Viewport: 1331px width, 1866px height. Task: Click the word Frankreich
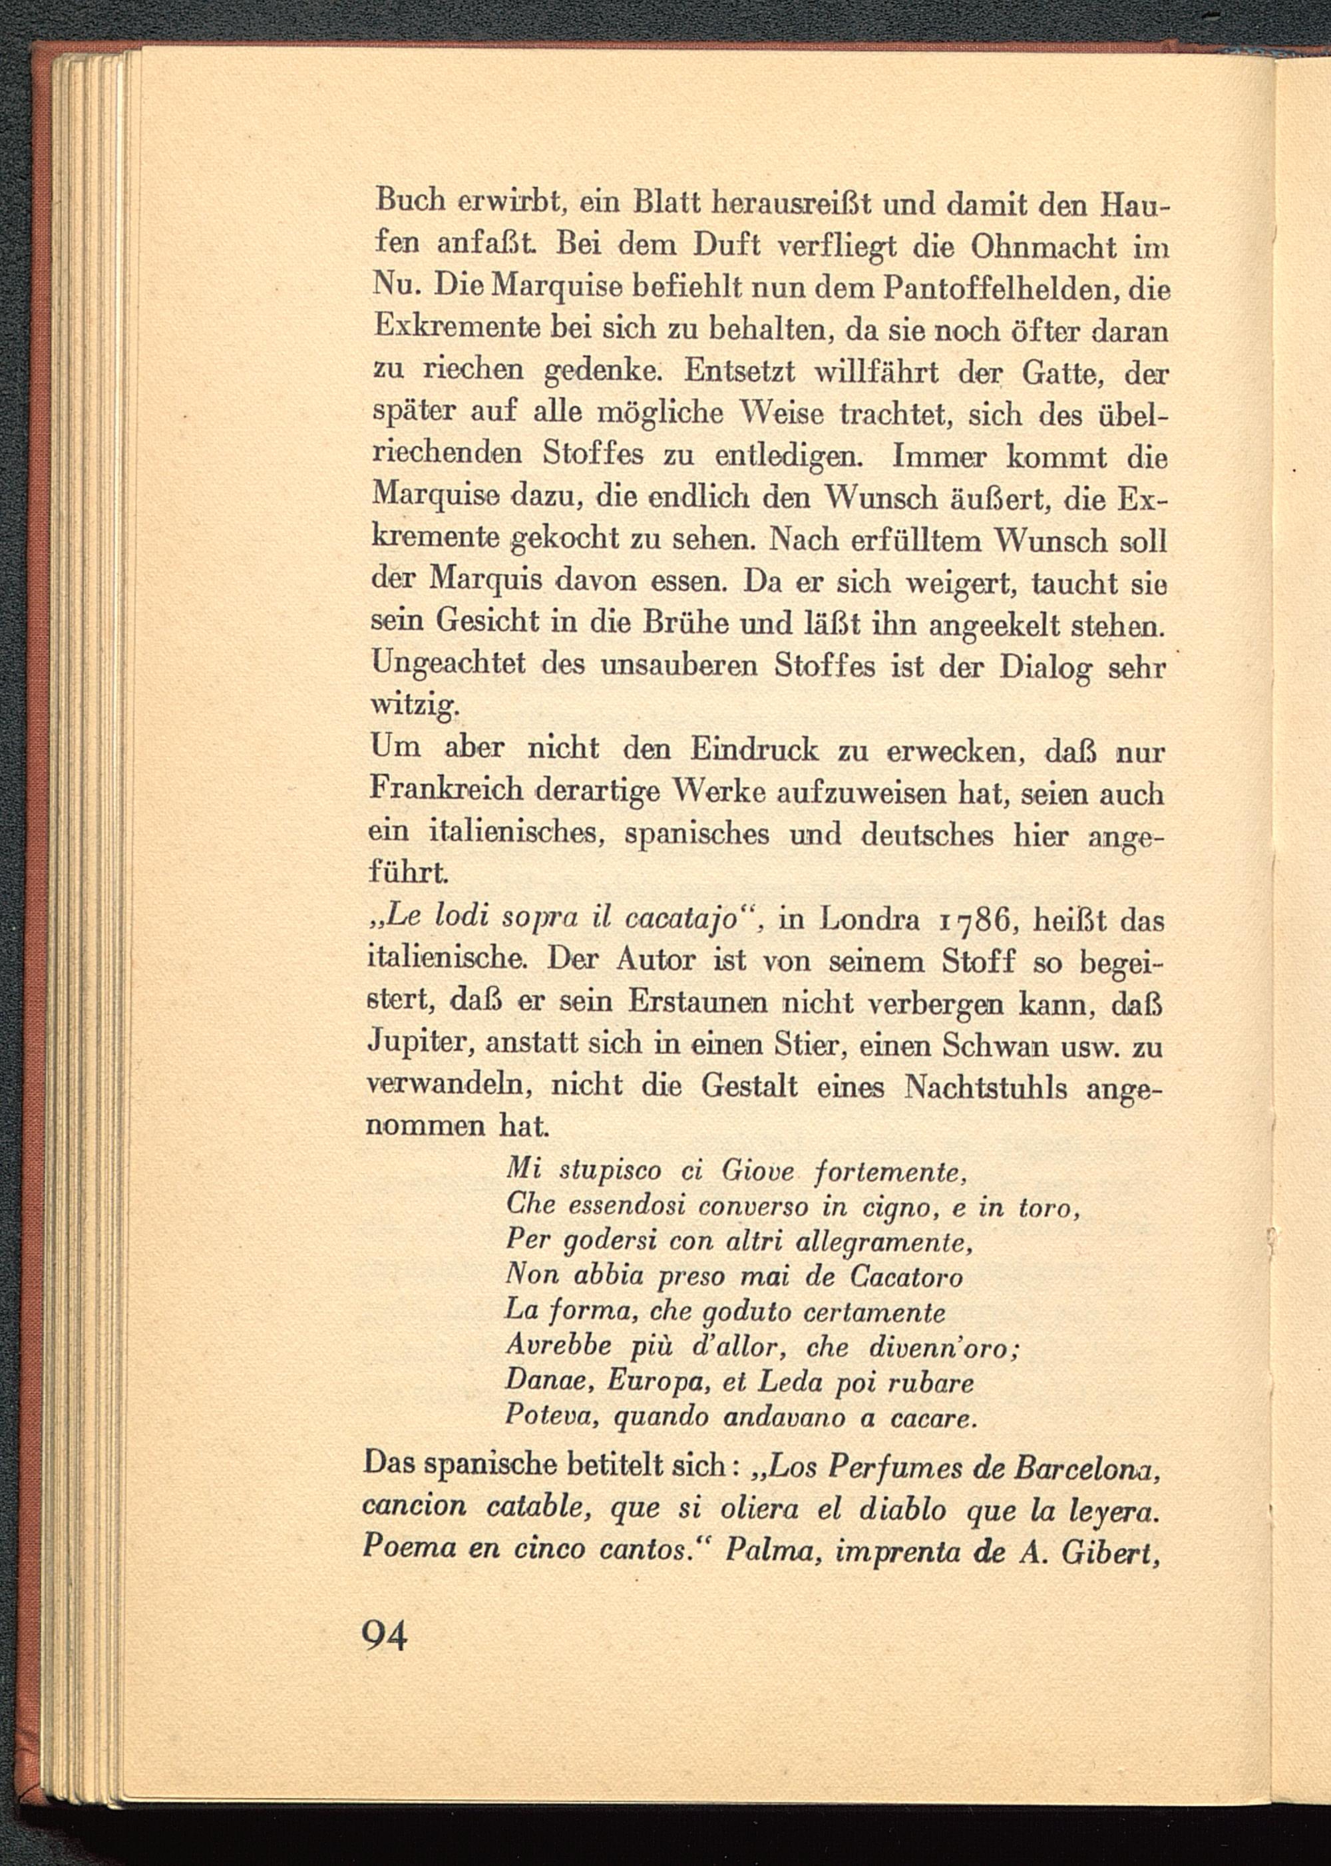point(447,790)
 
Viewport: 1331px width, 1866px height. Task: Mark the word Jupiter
point(418,1045)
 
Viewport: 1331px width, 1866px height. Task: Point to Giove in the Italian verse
point(747,1172)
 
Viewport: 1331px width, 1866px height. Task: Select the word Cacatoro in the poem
point(906,1278)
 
